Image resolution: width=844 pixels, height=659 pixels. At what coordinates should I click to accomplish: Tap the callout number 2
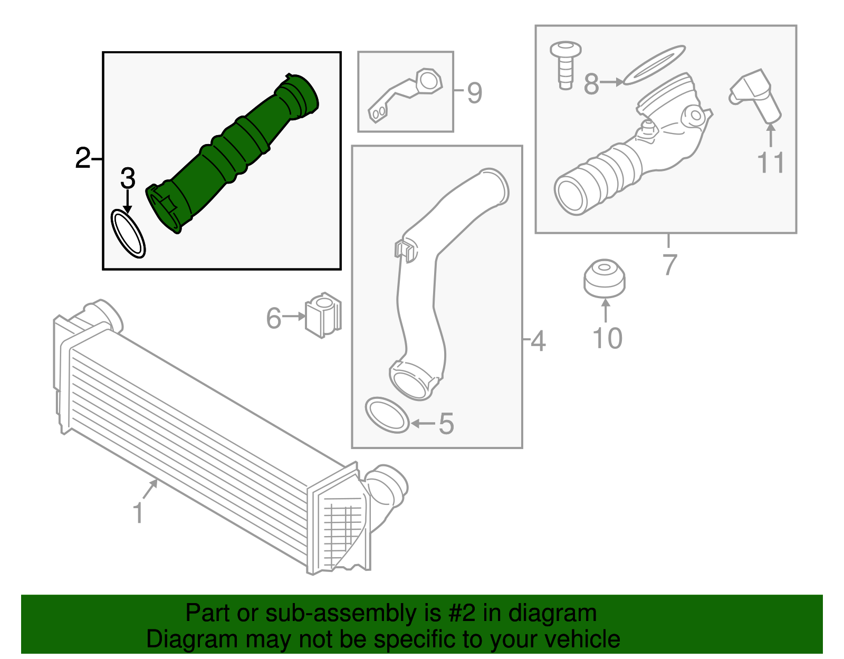[83, 158]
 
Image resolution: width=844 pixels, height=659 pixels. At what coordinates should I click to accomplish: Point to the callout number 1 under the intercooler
[138, 512]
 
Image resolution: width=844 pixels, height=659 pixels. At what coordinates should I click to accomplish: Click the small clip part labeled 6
[323, 315]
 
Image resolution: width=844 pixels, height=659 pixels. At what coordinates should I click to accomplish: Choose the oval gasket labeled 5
[387, 415]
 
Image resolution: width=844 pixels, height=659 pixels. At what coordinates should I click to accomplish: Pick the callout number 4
[538, 340]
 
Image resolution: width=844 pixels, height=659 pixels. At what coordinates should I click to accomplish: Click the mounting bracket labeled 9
[405, 94]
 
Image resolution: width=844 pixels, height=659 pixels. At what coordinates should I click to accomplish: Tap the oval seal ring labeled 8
[654, 65]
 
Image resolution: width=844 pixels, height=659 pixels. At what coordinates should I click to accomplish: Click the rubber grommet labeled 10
[605, 279]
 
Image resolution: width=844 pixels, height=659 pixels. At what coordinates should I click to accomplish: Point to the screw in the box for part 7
[565, 65]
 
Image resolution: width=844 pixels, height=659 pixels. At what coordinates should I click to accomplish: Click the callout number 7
[669, 264]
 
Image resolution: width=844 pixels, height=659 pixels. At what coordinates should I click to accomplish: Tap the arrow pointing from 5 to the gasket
[423, 423]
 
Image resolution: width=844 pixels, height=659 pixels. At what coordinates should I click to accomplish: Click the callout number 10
[607, 338]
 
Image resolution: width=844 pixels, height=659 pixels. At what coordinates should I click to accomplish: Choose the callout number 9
[475, 93]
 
